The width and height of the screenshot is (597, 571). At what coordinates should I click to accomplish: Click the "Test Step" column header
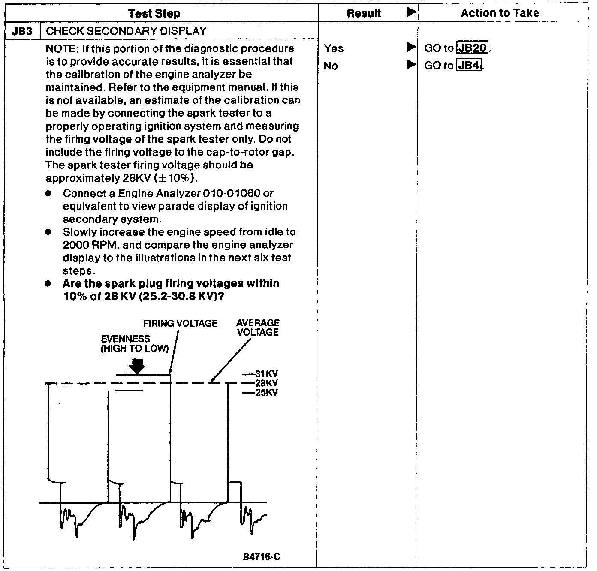(154, 13)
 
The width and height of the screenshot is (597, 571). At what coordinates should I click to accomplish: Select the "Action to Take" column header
(500, 13)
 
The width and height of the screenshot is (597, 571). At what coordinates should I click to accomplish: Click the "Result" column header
(364, 13)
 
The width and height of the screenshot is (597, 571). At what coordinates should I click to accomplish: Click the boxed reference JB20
(473, 48)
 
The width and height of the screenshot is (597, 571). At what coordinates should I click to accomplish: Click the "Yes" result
(334, 48)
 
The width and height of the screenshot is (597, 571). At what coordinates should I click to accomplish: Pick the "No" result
(331, 66)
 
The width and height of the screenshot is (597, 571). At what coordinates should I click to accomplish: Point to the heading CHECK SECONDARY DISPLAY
(126, 31)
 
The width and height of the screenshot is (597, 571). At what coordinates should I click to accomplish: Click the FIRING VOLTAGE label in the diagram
(180, 323)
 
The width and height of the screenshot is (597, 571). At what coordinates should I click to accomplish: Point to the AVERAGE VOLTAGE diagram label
(257, 328)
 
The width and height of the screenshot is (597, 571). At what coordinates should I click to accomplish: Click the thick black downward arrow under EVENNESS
(137, 366)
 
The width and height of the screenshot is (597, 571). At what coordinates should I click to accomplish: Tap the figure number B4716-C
(262, 557)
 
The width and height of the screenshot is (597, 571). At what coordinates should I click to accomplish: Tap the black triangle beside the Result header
(411, 12)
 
